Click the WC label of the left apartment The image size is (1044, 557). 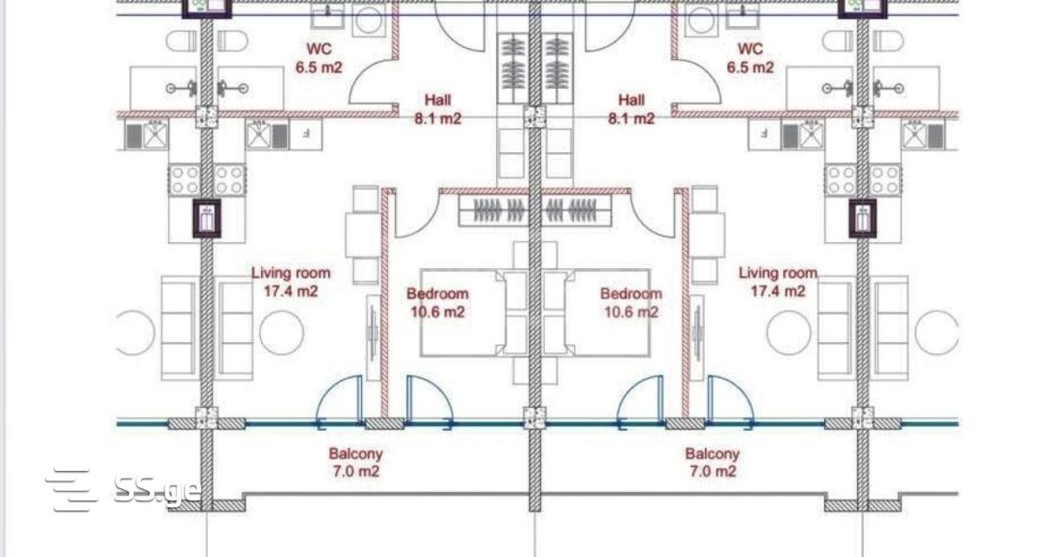(318, 57)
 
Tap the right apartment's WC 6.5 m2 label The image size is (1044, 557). (750, 57)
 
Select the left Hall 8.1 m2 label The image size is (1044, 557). (438, 109)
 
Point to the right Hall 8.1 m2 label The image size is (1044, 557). (631, 109)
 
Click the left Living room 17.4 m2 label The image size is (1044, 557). (291, 281)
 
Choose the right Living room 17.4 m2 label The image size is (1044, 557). (778, 281)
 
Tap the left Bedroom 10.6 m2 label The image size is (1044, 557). (437, 303)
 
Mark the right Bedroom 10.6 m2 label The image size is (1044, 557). (631, 303)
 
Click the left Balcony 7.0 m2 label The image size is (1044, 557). (356, 462)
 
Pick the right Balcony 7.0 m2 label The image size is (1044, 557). (713, 462)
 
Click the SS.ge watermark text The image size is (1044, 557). (157, 491)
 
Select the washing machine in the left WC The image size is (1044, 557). (369, 21)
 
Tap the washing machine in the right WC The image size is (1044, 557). (701, 21)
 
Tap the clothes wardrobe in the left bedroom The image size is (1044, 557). (493, 211)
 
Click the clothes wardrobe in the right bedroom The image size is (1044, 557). (577, 211)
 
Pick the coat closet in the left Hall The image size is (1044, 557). (512, 68)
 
